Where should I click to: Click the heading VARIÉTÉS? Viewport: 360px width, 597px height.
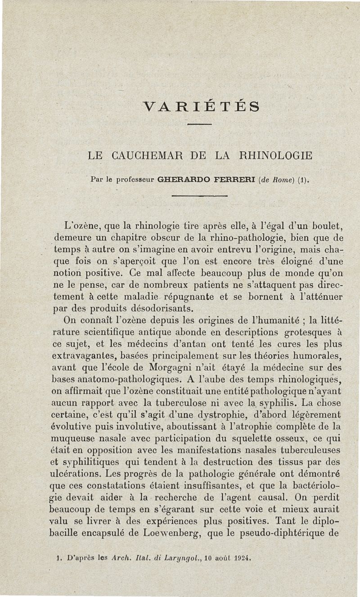click(x=201, y=107)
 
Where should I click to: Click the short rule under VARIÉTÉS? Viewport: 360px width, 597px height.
click(x=199, y=124)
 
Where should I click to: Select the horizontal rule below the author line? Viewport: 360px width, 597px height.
click(x=200, y=196)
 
